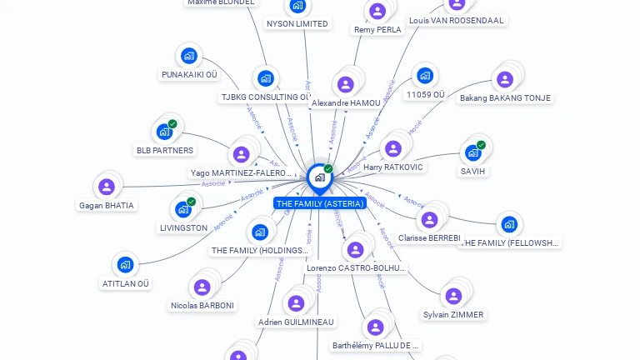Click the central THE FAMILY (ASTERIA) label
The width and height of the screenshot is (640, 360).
click(319, 203)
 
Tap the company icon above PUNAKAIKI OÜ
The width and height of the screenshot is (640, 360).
click(189, 57)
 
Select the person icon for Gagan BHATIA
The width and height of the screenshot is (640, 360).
click(106, 187)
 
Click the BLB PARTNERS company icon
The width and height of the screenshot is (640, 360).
click(164, 132)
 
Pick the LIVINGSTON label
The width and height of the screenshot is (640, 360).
click(183, 227)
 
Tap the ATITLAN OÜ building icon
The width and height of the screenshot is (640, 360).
click(125, 265)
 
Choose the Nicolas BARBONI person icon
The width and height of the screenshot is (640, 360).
click(202, 287)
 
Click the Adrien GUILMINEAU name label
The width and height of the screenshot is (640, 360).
click(296, 322)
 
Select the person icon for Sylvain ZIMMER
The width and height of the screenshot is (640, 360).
click(452, 297)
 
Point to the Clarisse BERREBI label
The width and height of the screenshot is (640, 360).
click(429, 237)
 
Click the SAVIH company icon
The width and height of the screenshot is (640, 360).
click(472, 153)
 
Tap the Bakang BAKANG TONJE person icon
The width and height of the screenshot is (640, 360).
click(504, 80)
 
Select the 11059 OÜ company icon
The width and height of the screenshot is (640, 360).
click(425, 76)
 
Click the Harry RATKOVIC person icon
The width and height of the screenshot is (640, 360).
click(392, 149)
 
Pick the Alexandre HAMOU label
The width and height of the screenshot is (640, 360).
click(346, 102)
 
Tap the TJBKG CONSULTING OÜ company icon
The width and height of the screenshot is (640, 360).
click(265, 78)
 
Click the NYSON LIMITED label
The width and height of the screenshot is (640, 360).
click(297, 23)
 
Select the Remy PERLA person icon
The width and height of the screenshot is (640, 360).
click(377, 12)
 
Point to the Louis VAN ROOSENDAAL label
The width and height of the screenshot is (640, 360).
click(456, 20)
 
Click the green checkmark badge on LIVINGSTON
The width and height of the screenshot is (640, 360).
click(191, 202)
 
